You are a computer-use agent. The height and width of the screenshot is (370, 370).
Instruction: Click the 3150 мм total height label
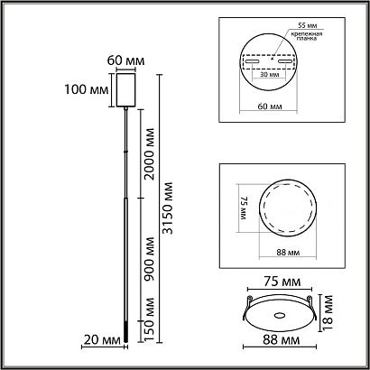coord(168,208)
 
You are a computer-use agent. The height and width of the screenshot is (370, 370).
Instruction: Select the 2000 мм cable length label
coord(149,154)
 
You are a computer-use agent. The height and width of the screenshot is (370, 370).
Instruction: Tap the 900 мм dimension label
coord(149,259)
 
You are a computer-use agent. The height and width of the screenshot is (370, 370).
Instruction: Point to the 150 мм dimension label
coord(149,319)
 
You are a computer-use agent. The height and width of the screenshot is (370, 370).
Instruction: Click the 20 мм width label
coord(102,340)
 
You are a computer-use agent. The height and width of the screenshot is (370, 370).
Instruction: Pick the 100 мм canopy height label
coord(87,89)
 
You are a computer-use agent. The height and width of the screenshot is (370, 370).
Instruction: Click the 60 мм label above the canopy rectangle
coord(126,60)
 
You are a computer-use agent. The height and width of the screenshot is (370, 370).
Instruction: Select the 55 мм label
coord(308,25)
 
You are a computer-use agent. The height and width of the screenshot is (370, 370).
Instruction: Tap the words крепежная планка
coord(307,36)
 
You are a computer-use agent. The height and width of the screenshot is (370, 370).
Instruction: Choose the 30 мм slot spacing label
coord(269,75)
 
